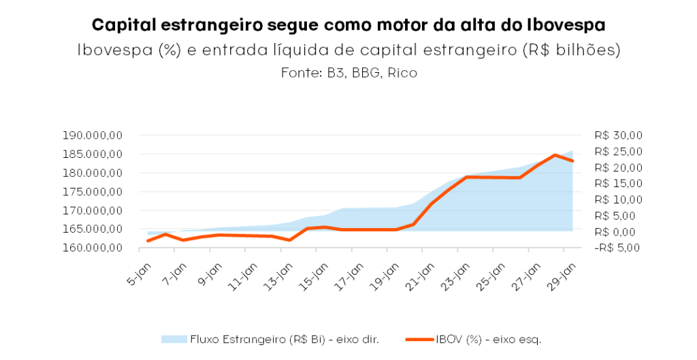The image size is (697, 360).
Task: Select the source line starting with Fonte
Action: coord(348,73)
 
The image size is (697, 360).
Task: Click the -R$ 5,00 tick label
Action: coord(617,248)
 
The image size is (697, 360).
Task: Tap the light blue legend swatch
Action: coord(174,339)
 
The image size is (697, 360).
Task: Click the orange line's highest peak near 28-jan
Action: coord(555,155)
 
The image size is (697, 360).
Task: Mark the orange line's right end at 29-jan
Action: coord(572,161)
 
